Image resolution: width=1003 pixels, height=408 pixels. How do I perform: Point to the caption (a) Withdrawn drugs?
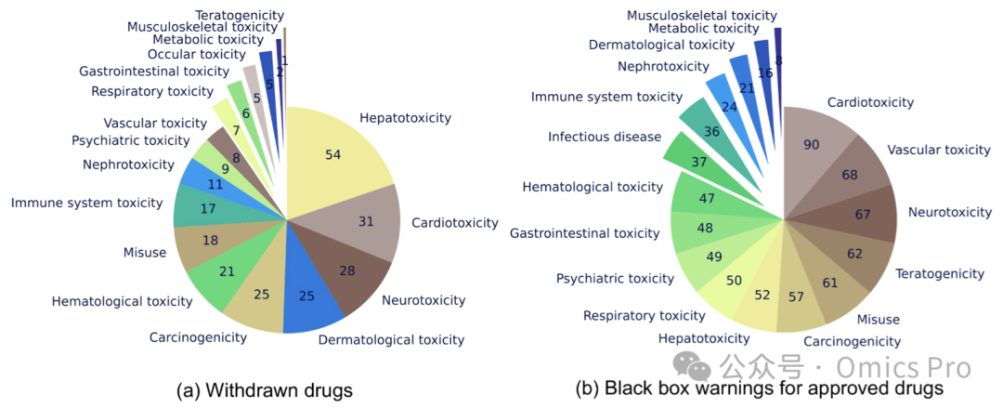[265, 389]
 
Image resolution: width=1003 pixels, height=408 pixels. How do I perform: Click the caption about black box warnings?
[760, 388]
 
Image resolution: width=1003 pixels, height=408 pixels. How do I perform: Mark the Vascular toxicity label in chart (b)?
[939, 150]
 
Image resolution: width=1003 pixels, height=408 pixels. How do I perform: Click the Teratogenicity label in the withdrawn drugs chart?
[241, 15]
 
